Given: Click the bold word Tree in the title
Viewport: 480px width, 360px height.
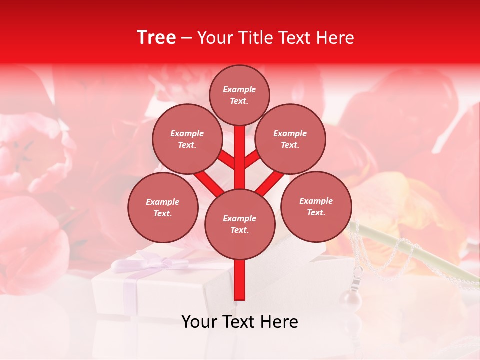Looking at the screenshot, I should [156, 37].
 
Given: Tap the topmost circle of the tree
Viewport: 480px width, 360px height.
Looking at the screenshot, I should [239, 95].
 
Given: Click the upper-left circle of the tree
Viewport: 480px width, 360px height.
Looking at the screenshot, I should [187, 139].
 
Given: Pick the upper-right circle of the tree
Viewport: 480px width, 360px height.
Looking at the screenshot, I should [290, 139].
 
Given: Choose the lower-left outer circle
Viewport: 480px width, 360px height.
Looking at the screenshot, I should [163, 207].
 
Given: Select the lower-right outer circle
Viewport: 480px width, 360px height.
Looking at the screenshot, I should [316, 206].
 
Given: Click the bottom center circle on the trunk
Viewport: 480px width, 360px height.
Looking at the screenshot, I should [240, 224].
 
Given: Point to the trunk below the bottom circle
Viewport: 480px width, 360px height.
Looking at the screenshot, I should [240, 280].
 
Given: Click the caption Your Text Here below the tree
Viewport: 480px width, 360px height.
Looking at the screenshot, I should [240, 322].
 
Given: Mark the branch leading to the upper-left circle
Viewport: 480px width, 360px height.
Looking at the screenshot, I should [226, 159].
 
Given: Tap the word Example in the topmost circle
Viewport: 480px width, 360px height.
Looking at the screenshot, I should [239, 89].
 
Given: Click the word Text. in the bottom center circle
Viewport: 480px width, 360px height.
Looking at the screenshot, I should [239, 230].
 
